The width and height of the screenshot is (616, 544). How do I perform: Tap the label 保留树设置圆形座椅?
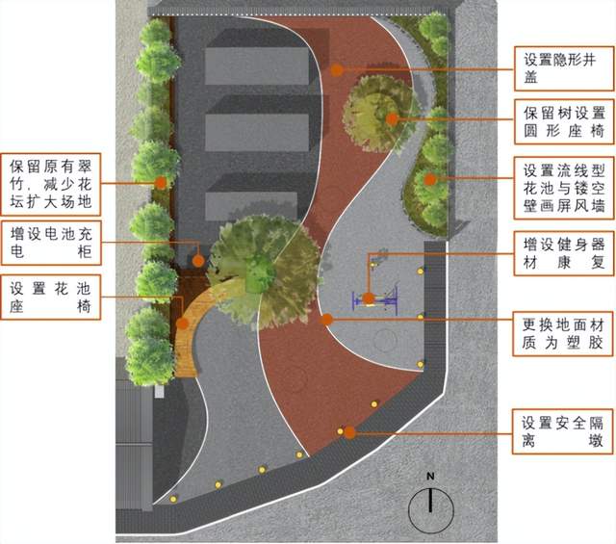point(562,118)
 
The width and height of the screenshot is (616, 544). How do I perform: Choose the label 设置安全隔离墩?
point(562,432)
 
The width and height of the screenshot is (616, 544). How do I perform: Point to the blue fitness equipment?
point(377,300)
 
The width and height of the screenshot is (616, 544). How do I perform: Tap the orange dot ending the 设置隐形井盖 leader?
point(337,69)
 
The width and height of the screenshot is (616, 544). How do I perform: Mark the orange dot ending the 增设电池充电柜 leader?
point(196,259)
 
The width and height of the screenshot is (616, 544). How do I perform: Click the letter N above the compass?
point(432,477)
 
